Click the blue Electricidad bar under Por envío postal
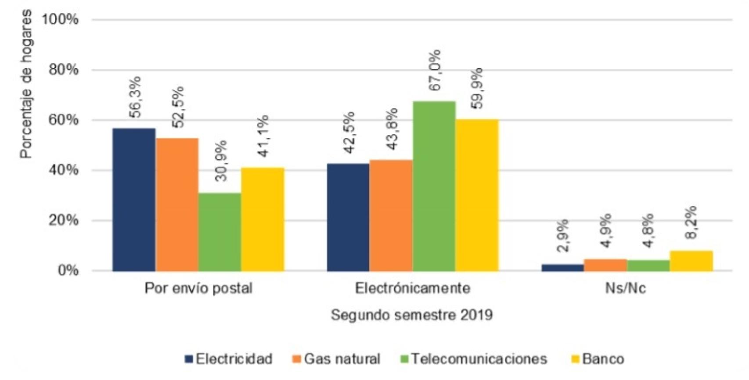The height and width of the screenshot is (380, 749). tap(134, 200)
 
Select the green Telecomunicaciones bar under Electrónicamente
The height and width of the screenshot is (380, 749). tap(434, 186)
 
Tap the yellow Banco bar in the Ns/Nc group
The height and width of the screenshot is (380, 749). tap(691, 261)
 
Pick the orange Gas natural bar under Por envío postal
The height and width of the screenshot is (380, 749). tap(177, 204)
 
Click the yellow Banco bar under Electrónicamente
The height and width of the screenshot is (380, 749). tap(477, 195)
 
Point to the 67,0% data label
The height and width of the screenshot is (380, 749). tap(435, 70)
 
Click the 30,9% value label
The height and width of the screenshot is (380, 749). tap(221, 161)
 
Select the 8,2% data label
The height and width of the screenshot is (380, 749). tap(691, 222)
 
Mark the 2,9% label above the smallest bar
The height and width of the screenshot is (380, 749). tap(562, 235)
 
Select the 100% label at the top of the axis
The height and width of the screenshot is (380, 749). tap(60, 20)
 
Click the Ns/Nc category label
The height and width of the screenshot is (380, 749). tap(625, 288)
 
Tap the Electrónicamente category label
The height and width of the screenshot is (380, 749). tap(412, 288)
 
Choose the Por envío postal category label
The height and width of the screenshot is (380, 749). tap(198, 288)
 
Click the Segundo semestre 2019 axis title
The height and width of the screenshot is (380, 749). tap(411, 315)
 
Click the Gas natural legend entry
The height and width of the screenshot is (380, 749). tap(336, 359)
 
